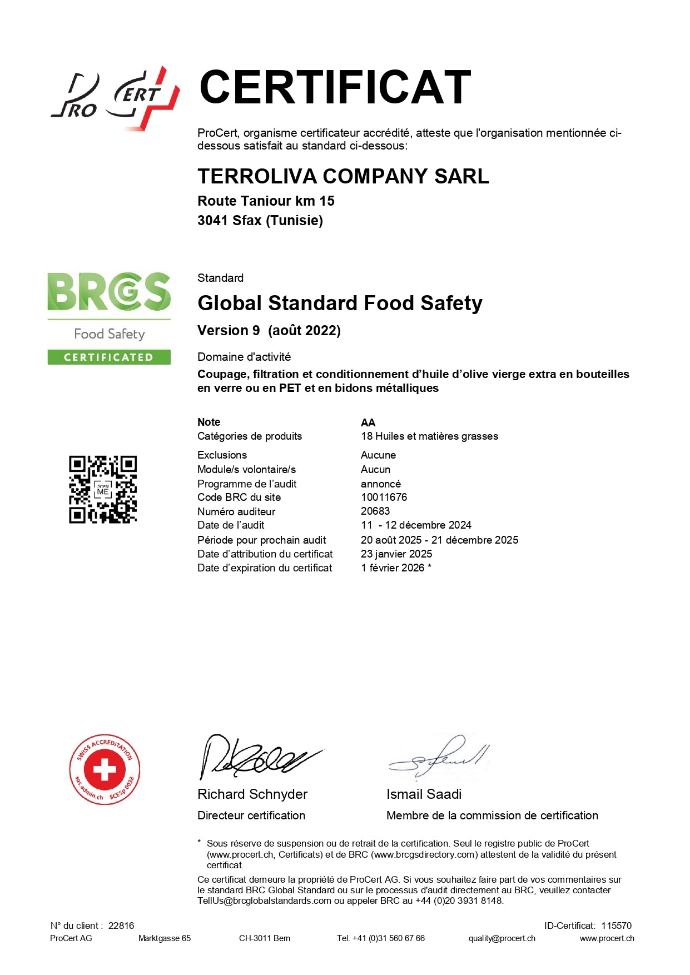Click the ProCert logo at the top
tap(115, 99)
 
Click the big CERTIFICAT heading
tap(335, 87)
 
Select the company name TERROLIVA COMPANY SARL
tap(343, 176)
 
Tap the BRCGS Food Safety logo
tap(109, 306)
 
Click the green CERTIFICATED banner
tap(109, 357)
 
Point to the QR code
tap(103, 490)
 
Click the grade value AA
tap(368, 422)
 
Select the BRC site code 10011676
tap(384, 497)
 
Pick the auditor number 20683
tap(375, 511)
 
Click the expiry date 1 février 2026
tap(393, 568)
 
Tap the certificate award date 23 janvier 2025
tap(396, 554)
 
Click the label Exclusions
tap(222, 455)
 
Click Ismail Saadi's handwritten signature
tap(439, 757)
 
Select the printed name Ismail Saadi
tap(424, 794)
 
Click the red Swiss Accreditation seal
tap(105, 769)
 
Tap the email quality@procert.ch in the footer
tap(502, 938)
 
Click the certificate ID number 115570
tap(616, 926)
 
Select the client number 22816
tap(121, 926)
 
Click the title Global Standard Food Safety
tap(340, 303)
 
